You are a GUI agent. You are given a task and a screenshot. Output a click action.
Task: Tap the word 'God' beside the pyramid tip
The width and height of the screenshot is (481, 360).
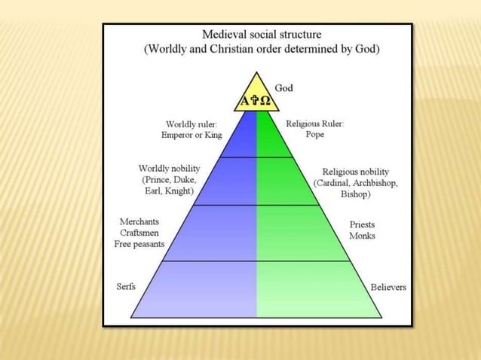point(284,88)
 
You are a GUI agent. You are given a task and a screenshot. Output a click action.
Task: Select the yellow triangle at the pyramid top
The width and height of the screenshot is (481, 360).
point(256,96)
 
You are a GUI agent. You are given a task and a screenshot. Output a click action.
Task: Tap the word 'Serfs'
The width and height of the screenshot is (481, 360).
point(127,287)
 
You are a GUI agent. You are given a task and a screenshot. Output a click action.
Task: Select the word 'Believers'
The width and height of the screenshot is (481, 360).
point(388,288)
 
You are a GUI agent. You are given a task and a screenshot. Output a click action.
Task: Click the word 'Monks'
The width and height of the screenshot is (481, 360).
point(363,236)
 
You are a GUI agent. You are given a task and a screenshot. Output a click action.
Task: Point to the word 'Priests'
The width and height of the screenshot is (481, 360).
point(363,224)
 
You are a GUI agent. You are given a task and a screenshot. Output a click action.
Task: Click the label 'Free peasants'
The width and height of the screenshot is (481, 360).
point(139,244)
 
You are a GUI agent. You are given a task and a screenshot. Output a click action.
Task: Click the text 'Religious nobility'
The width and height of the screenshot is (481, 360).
point(356,172)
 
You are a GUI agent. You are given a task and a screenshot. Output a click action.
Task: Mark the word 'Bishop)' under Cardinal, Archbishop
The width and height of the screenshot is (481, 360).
point(355,194)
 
